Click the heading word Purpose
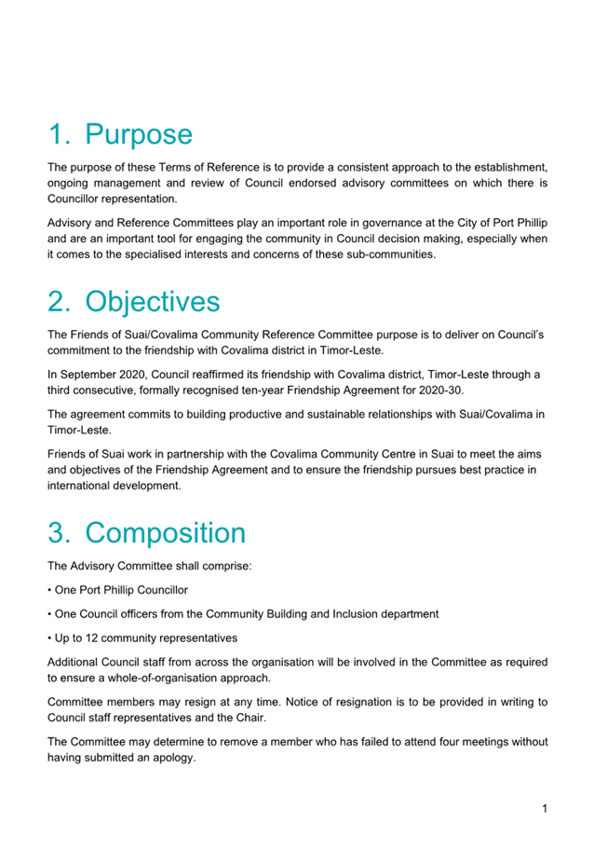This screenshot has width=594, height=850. (139, 134)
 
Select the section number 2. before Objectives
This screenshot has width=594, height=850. (61, 301)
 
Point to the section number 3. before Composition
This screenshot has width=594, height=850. (61, 533)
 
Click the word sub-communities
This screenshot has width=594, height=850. (388, 254)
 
